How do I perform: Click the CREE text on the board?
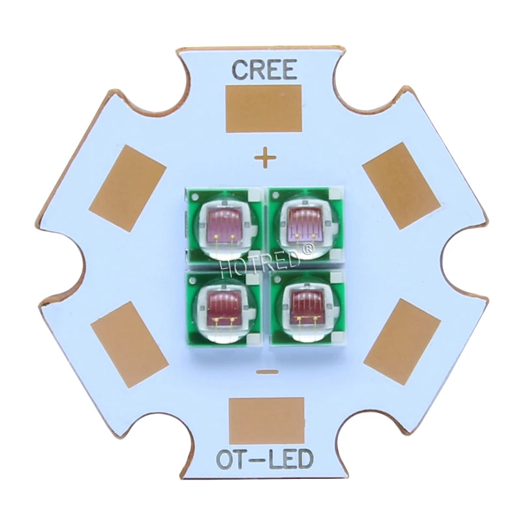(264, 70)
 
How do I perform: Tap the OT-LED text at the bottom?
(265, 459)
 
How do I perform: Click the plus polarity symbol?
(266, 157)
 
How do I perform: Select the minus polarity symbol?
(268, 372)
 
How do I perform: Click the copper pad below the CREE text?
(264, 108)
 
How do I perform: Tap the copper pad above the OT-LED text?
(267, 421)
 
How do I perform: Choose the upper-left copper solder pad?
(127, 189)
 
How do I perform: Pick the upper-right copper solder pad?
(401, 186)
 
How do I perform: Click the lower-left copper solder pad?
(129, 345)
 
